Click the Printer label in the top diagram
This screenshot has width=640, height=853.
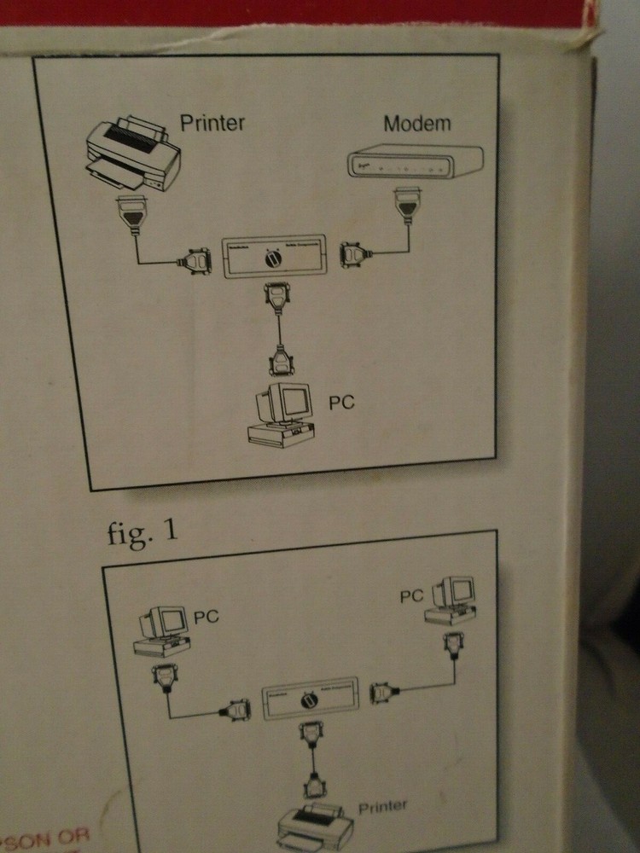212,122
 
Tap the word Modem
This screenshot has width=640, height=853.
416,123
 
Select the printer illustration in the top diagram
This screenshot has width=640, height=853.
135,156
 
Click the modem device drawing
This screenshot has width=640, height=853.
414,161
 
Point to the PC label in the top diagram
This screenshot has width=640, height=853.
341,403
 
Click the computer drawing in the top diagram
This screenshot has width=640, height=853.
281,415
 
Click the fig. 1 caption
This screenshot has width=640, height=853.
143,532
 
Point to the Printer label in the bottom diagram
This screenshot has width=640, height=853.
382,806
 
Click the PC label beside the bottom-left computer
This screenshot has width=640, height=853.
206,616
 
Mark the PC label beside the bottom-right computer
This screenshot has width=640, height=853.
412,596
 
